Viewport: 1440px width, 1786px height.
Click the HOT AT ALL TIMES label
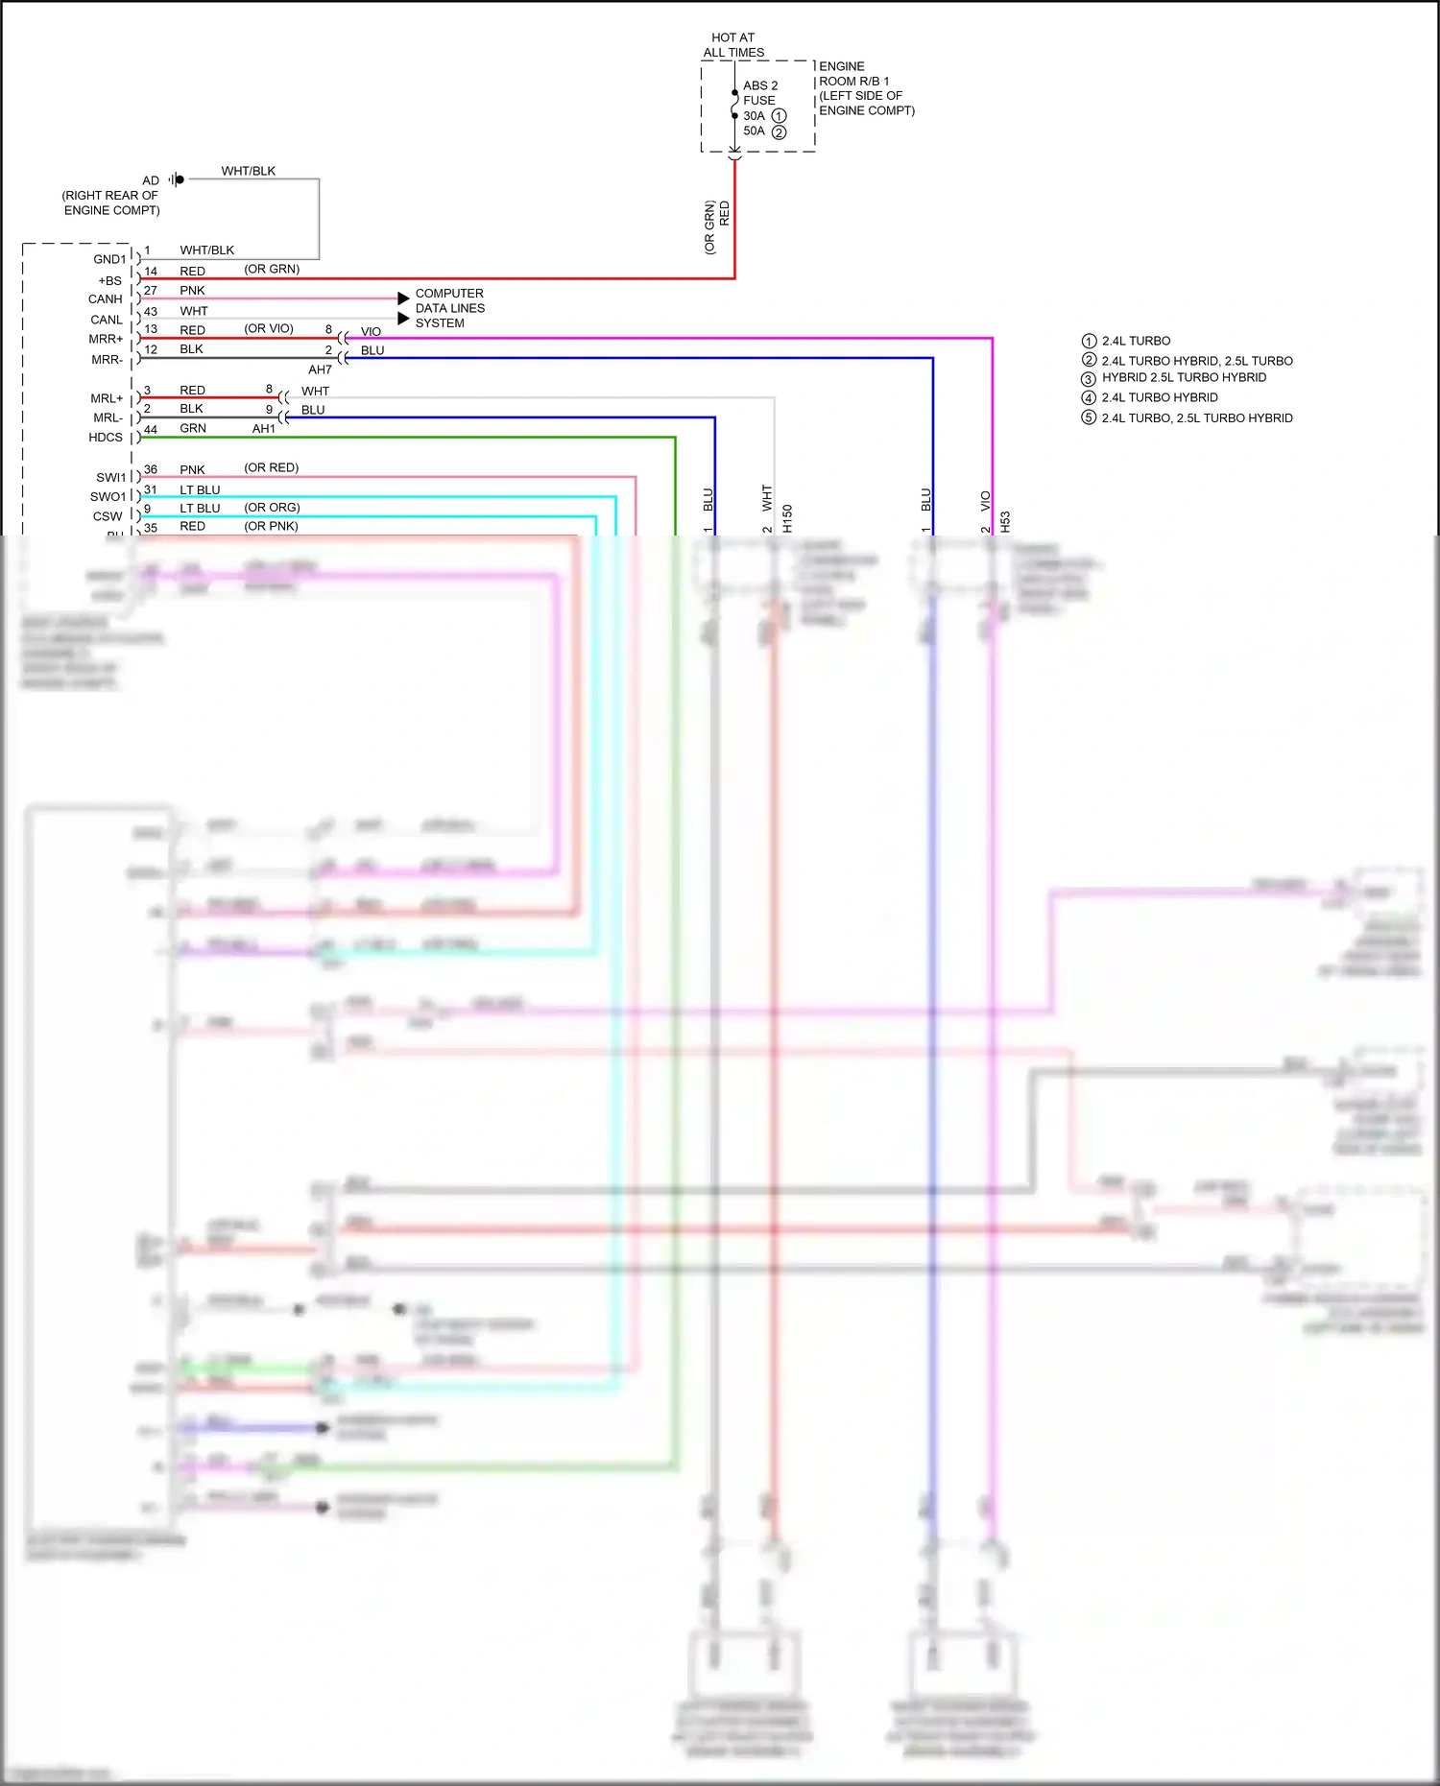click(733, 45)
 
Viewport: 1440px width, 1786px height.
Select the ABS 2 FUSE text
click(759, 93)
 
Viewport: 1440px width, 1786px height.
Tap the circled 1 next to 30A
click(780, 116)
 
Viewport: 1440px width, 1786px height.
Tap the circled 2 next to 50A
click(780, 132)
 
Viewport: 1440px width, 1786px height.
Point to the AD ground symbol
click(177, 179)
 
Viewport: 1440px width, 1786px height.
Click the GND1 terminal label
click(108, 259)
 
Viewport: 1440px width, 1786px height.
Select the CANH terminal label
click(106, 299)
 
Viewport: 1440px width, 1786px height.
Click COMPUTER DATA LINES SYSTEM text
click(449, 308)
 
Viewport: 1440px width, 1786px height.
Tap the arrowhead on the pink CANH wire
click(403, 298)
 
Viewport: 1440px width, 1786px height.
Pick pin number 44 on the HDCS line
click(151, 429)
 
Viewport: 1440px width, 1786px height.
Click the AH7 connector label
click(320, 369)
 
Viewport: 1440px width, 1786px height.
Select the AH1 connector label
click(264, 429)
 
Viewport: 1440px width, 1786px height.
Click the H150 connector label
click(787, 518)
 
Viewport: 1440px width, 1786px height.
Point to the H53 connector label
click(1005, 521)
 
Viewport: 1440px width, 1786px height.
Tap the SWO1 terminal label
click(108, 497)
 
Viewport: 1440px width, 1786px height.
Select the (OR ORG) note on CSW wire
click(272, 508)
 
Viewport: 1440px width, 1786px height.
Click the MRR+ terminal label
click(106, 340)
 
